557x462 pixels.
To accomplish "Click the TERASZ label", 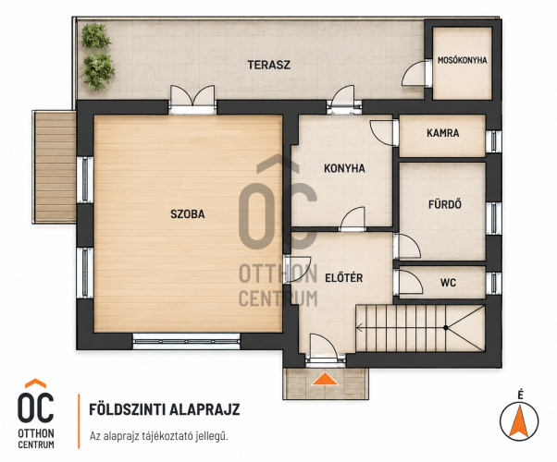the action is (269, 65).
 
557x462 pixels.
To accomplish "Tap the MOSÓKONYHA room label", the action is (462, 60).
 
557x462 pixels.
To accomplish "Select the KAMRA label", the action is (442, 133).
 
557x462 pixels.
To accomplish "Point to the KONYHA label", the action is (344, 168).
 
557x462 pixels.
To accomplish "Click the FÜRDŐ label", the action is (445, 204).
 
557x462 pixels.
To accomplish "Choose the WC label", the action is (448, 283).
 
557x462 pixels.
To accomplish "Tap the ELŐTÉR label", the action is (344, 277).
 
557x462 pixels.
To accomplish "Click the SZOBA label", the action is (188, 214).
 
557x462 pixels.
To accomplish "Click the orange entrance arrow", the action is (325, 379).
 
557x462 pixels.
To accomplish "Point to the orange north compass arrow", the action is (519, 421).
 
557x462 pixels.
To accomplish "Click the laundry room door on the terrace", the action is (415, 73).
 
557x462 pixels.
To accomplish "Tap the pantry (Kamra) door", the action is (382, 133).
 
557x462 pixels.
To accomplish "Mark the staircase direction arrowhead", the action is (359, 328).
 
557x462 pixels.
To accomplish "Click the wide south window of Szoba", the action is (187, 341).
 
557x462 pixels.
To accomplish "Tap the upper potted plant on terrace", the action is (95, 36).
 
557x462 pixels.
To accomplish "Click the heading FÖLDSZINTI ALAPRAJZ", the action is (165, 409).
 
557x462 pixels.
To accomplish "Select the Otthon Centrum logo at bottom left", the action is (36, 414).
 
